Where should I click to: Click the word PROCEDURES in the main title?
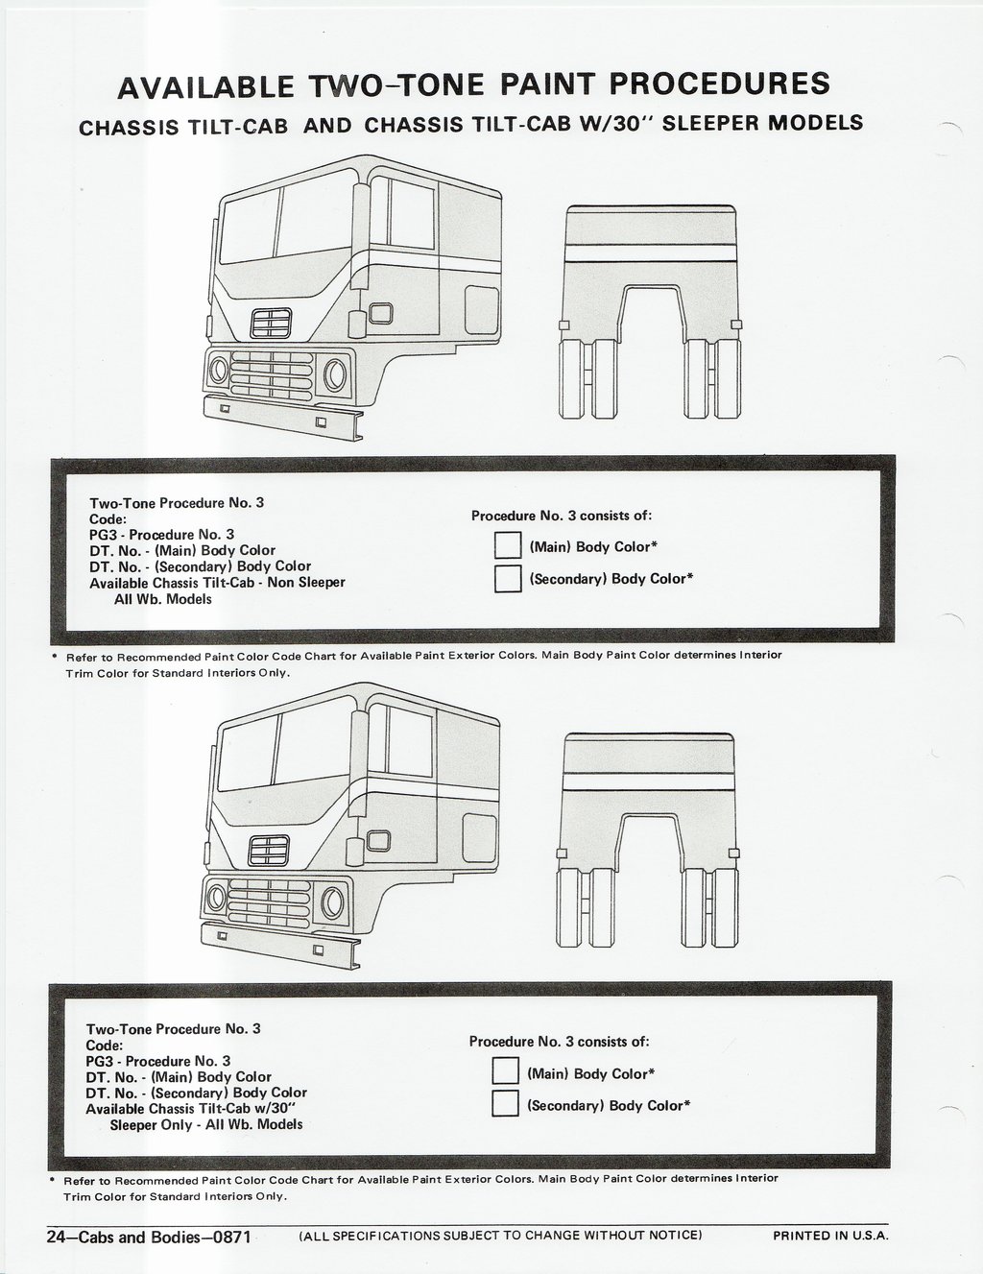pyautogui.click(x=720, y=84)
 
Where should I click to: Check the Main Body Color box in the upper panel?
pyautogui.click(x=508, y=545)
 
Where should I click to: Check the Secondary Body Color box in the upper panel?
pyautogui.click(x=508, y=578)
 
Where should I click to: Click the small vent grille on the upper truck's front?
pyautogui.click(x=272, y=323)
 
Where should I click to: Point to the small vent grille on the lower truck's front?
pyautogui.click(x=269, y=851)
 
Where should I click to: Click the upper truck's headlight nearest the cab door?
pyautogui.click(x=335, y=374)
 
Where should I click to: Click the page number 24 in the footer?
pyautogui.click(x=55, y=1238)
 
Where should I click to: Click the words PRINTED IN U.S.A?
pyautogui.click(x=830, y=1236)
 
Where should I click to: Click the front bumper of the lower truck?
pyautogui.click(x=280, y=946)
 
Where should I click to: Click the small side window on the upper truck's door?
pyautogui.click(x=380, y=313)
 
